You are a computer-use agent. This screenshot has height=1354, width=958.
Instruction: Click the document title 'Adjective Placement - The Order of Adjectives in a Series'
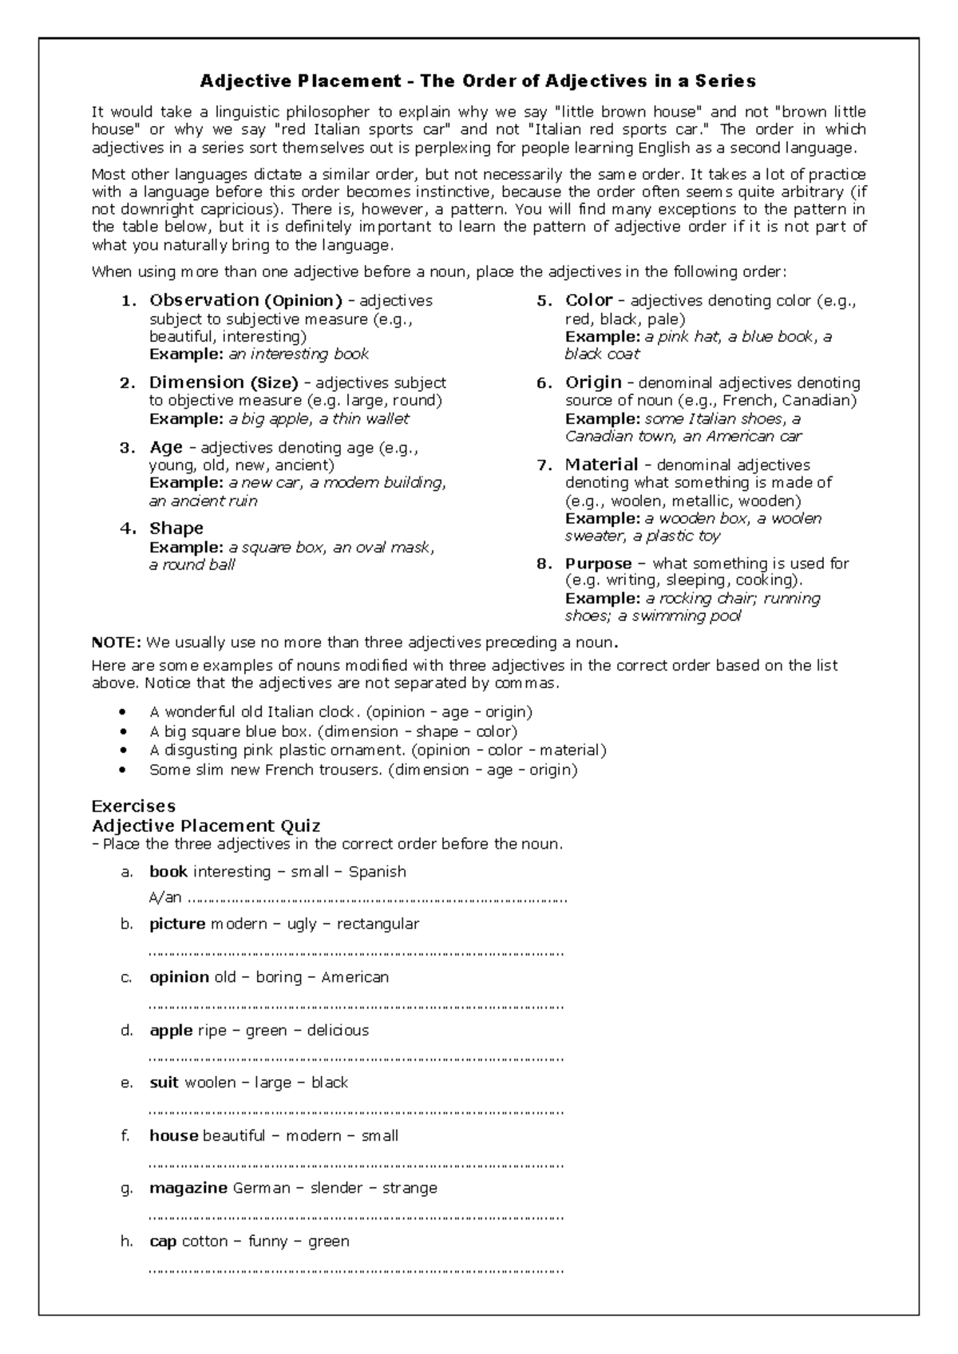tap(477, 81)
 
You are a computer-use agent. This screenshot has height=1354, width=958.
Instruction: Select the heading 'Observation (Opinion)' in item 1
tap(245, 301)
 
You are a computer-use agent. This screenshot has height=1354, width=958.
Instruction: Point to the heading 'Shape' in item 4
tap(176, 529)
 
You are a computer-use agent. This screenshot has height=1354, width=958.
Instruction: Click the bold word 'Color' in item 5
tap(588, 301)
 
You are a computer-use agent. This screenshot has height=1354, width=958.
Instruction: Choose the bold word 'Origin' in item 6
tap(593, 383)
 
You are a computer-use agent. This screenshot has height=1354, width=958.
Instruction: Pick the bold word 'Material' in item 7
tap(601, 465)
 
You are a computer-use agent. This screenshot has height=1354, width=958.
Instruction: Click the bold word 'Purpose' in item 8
tap(598, 564)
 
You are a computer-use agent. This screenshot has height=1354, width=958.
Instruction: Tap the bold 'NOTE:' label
tap(116, 643)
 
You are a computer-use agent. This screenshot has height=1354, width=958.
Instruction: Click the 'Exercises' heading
tap(133, 806)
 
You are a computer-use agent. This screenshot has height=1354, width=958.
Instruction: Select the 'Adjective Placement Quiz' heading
tap(206, 825)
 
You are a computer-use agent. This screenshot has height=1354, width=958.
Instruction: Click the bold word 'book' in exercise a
tap(168, 872)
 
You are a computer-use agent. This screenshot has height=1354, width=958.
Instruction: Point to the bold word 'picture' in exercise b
tap(177, 924)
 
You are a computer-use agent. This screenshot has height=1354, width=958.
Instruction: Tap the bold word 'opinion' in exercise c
tap(179, 977)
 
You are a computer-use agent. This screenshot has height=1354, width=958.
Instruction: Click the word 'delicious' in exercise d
tap(338, 1031)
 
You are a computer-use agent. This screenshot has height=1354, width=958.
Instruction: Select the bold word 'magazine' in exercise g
tap(188, 1188)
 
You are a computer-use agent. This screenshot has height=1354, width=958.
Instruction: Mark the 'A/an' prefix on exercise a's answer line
tap(165, 898)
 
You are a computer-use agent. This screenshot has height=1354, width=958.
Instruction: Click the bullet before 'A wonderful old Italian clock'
tap(121, 712)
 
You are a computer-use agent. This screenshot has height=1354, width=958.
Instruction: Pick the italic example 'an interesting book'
tap(299, 354)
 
